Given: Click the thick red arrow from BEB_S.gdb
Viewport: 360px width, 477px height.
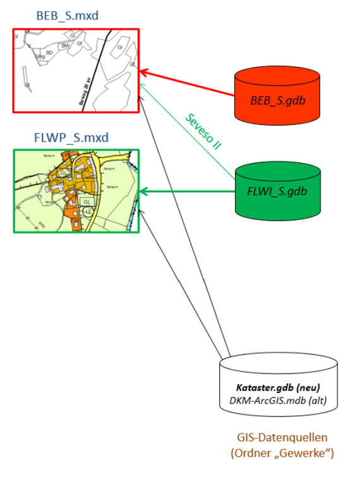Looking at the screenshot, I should pos(189,85).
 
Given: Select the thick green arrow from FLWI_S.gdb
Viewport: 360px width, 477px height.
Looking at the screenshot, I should pos(189,190).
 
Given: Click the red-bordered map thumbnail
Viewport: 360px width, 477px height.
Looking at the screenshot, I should pos(76,70).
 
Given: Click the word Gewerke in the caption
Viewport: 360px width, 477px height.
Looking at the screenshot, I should pos(304,452).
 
